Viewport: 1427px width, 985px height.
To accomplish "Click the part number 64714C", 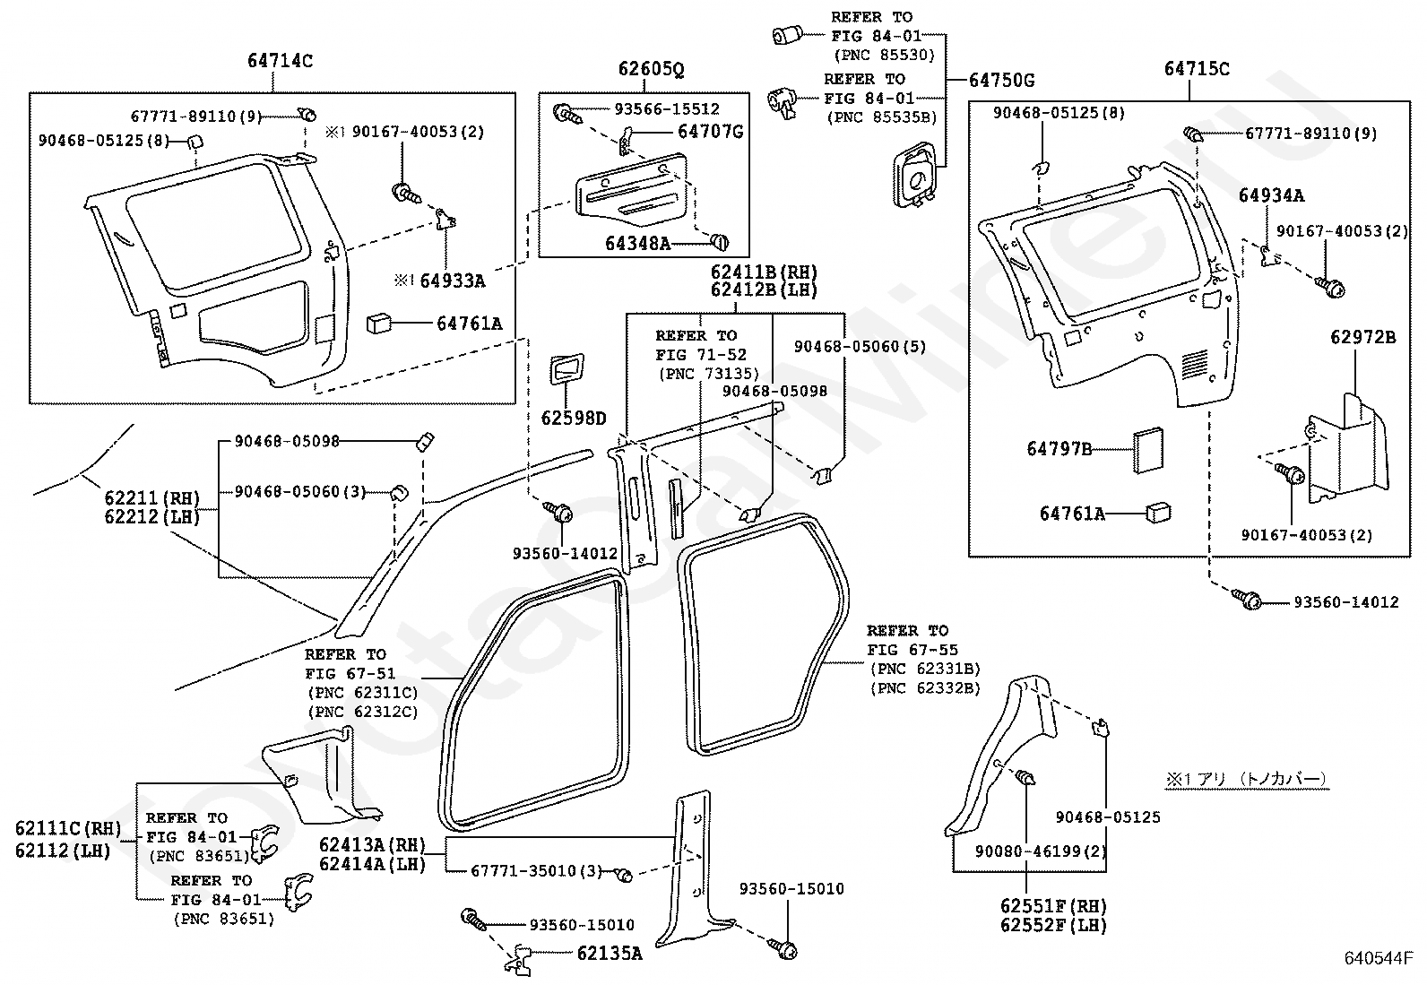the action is pyautogui.click(x=281, y=61).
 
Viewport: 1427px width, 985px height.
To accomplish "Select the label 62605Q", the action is pyautogui.click(x=651, y=69).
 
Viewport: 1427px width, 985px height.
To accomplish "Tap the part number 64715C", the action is pyautogui.click(x=1197, y=68).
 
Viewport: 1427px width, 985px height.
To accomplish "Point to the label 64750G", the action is pyautogui.click(x=1002, y=81).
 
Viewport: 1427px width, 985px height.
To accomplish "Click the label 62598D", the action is pyautogui.click(x=574, y=418).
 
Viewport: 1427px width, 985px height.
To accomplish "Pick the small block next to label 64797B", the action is pyautogui.click(x=1148, y=450).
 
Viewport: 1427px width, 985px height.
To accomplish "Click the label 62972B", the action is pyautogui.click(x=1363, y=337).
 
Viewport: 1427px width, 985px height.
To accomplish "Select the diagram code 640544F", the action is pyautogui.click(x=1379, y=957).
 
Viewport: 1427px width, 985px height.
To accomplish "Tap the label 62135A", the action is pyautogui.click(x=610, y=953).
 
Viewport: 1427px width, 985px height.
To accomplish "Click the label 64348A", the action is pyautogui.click(x=637, y=244).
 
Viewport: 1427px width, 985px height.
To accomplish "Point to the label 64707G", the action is pyautogui.click(x=710, y=131).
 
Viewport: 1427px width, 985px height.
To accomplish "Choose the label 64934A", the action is pyautogui.click(x=1272, y=195).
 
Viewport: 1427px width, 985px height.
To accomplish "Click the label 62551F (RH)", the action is pyautogui.click(x=1054, y=906).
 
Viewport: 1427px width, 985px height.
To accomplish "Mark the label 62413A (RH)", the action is pyautogui.click(x=373, y=845).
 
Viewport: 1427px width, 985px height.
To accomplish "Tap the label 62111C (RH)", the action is pyautogui.click(x=68, y=828).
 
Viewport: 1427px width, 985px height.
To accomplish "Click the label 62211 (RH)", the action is pyautogui.click(x=152, y=497).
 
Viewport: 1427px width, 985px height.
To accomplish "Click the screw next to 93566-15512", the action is pyautogui.click(x=566, y=115).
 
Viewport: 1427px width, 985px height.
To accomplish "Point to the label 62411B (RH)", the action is pyautogui.click(x=764, y=272).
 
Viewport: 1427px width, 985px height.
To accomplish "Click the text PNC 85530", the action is pyautogui.click(x=885, y=56).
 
